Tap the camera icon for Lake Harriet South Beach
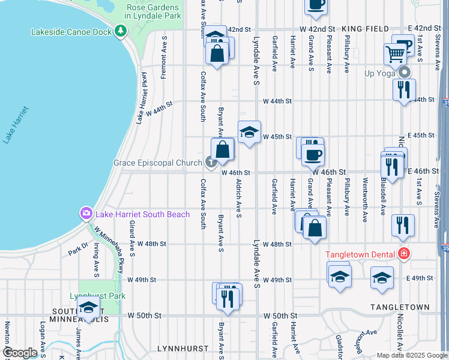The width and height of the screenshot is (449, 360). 86,214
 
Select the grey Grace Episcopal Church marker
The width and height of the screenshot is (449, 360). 210,162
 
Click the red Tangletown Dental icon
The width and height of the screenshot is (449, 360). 404,254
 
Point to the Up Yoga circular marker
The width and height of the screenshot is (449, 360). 405,73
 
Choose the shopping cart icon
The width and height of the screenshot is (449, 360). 395,55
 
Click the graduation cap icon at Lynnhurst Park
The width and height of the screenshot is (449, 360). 88,309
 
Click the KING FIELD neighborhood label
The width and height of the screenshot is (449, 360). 366,29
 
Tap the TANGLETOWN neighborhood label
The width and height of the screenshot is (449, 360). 400,307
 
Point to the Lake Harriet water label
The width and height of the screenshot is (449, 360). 15,125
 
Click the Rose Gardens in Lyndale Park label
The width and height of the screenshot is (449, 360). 153,10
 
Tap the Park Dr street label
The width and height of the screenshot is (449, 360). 78,249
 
